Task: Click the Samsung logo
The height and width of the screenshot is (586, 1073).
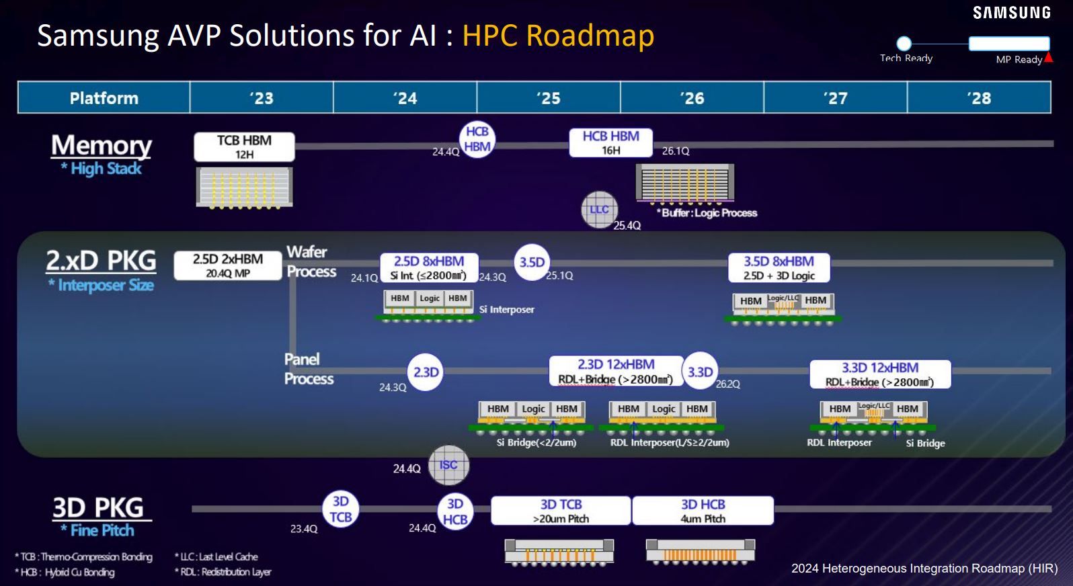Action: click(x=1011, y=13)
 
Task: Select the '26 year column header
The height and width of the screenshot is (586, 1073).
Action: click(x=692, y=98)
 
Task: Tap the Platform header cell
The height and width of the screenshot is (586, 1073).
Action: click(x=104, y=98)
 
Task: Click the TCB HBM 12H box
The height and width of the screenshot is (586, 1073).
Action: click(x=244, y=146)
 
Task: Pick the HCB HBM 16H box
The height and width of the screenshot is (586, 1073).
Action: click(x=610, y=142)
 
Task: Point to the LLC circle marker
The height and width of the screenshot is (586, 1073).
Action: click(x=599, y=210)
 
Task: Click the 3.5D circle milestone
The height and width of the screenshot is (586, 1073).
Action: click(x=532, y=262)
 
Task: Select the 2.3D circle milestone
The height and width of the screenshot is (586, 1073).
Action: click(x=426, y=372)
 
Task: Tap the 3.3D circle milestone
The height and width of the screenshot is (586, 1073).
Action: click(x=700, y=372)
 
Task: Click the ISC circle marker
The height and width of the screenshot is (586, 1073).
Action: click(x=448, y=465)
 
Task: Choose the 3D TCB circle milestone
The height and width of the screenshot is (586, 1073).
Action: click(x=341, y=509)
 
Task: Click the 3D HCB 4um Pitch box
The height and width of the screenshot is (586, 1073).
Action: click(x=703, y=511)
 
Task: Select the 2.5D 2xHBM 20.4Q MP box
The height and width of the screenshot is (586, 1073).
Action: click(x=228, y=265)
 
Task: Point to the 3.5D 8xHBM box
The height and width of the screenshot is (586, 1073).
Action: click(x=779, y=267)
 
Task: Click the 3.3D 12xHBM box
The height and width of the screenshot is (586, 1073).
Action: click(x=880, y=374)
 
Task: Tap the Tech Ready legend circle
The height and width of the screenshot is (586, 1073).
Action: click(x=904, y=44)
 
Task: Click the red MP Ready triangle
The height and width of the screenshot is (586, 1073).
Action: click(x=1048, y=58)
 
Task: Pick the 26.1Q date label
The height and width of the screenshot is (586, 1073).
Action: click(x=676, y=151)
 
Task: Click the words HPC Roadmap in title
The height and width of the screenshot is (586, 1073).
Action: click(x=558, y=36)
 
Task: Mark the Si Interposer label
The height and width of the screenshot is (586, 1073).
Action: click(x=507, y=309)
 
